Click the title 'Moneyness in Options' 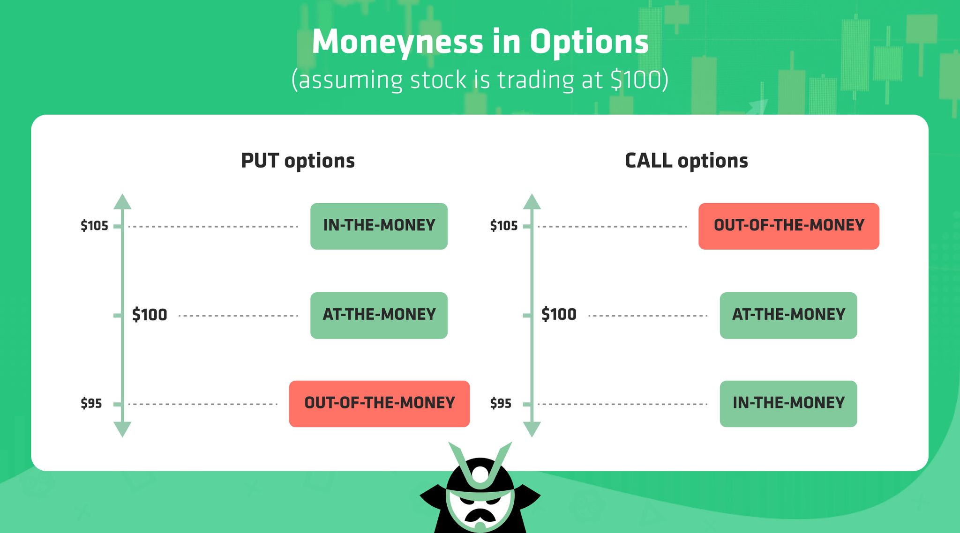coord(480,42)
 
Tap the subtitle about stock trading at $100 coord(480,80)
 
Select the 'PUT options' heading coord(298,161)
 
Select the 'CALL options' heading coord(686,161)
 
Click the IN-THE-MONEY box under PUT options coord(379,226)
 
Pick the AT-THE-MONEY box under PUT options coord(379,315)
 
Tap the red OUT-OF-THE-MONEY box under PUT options coord(379,403)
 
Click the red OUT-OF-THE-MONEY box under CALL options coord(788,226)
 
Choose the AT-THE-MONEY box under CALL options coord(788,315)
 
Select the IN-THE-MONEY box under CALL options coord(788,403)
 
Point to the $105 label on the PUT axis coord(94,226)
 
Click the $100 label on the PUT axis coord(150,315)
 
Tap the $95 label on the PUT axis coord(91,403)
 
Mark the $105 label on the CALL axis coord(504,226)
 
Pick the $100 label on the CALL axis coord(559,315)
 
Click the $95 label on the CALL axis coord(501,403)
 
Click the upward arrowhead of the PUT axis coord(122,202)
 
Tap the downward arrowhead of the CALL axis coord(532,429)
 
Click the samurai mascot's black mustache coord(480,516)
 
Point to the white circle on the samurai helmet coord(480,474)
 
